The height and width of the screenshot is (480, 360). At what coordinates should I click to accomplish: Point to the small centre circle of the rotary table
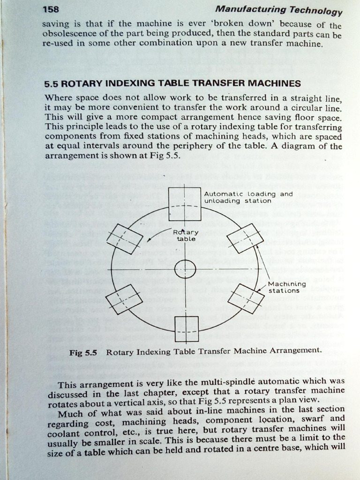[x=185, y=269]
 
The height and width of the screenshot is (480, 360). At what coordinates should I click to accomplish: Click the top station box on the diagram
[x=185, y=204]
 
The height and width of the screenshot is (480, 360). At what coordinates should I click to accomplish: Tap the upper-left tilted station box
[x=124, y=238]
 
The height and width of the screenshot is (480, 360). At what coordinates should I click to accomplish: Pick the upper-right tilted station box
[x=245, y=238]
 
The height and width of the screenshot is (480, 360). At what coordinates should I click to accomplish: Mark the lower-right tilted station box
[x=246, y=298]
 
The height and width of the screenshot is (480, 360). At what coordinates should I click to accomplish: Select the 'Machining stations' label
[x=287, y=287]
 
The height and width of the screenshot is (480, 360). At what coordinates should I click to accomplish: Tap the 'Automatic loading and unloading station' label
[x=248, y=197]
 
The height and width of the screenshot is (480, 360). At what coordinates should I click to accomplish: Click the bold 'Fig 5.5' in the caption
[x=82, y=353]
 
